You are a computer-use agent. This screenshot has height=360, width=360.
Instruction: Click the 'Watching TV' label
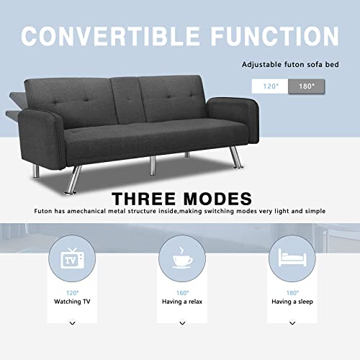[72, 302]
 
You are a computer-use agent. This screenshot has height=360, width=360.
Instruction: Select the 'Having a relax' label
[180, 302]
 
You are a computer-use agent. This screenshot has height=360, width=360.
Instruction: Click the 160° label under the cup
[180, 292]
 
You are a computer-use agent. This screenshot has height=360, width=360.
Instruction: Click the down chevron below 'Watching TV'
[72, 324]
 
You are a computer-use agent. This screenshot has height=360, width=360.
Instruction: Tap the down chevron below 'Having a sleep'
[291, 324]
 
